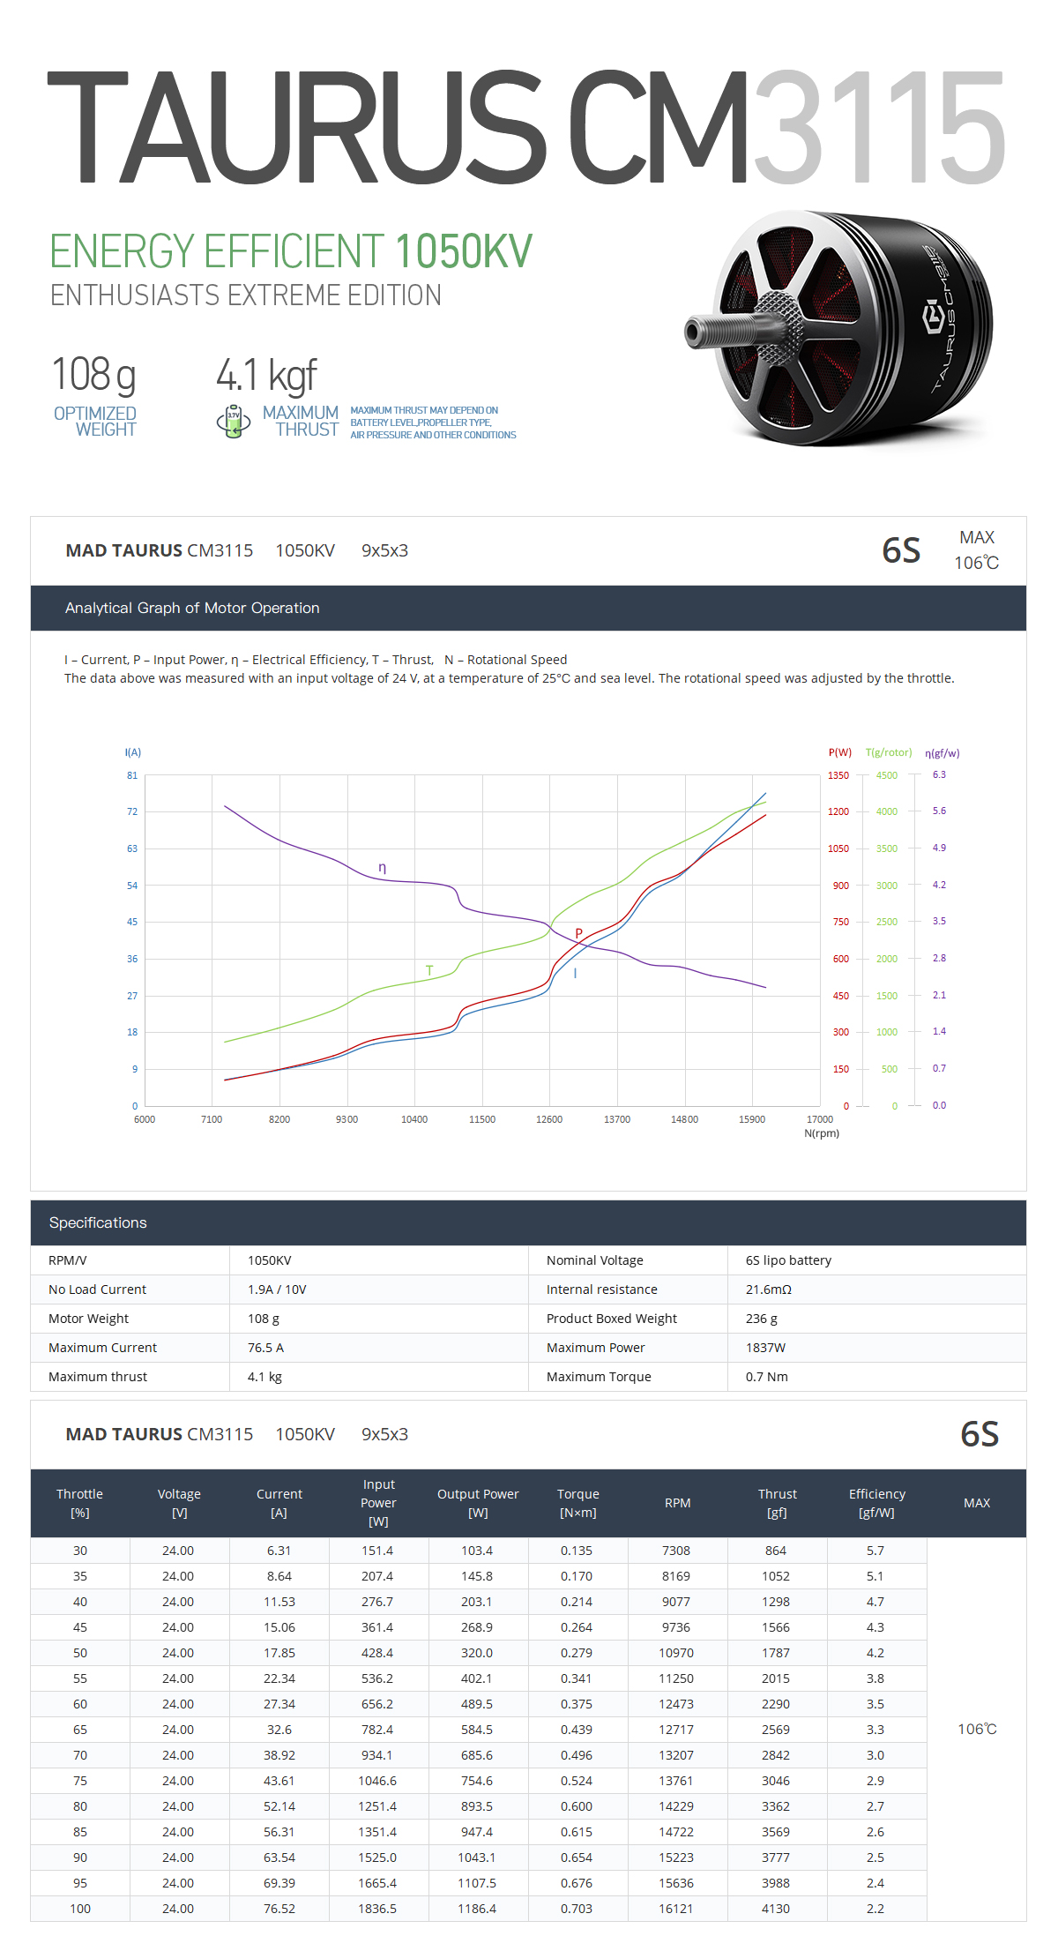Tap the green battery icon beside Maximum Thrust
click(x=234, y=422)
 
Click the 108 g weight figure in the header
click(x=93, y=375)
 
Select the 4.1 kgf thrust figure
click(x=265, y=376)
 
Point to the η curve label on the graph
click(x=382, y=868)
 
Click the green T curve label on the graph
click(x=429, y=970)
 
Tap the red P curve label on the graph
click(x=579, y=933)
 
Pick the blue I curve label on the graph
click(x=575, y=974)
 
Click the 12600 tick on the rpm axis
click(x=549, y=1119)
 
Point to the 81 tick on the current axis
click(x=132, y=775)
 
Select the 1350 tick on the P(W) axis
click(x=838, y=775)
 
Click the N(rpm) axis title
click(x=822, y=1133)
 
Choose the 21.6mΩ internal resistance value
click(x=769, y=1289)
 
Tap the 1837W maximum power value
click(x=765, y=1348)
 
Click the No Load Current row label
click(x=97, y=1289)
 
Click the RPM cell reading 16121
click(x=676, y=1909)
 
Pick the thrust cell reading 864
click(x=776, y=1551)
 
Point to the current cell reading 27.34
click(x=279, y=1704)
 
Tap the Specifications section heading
click(x=98, y=1222)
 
